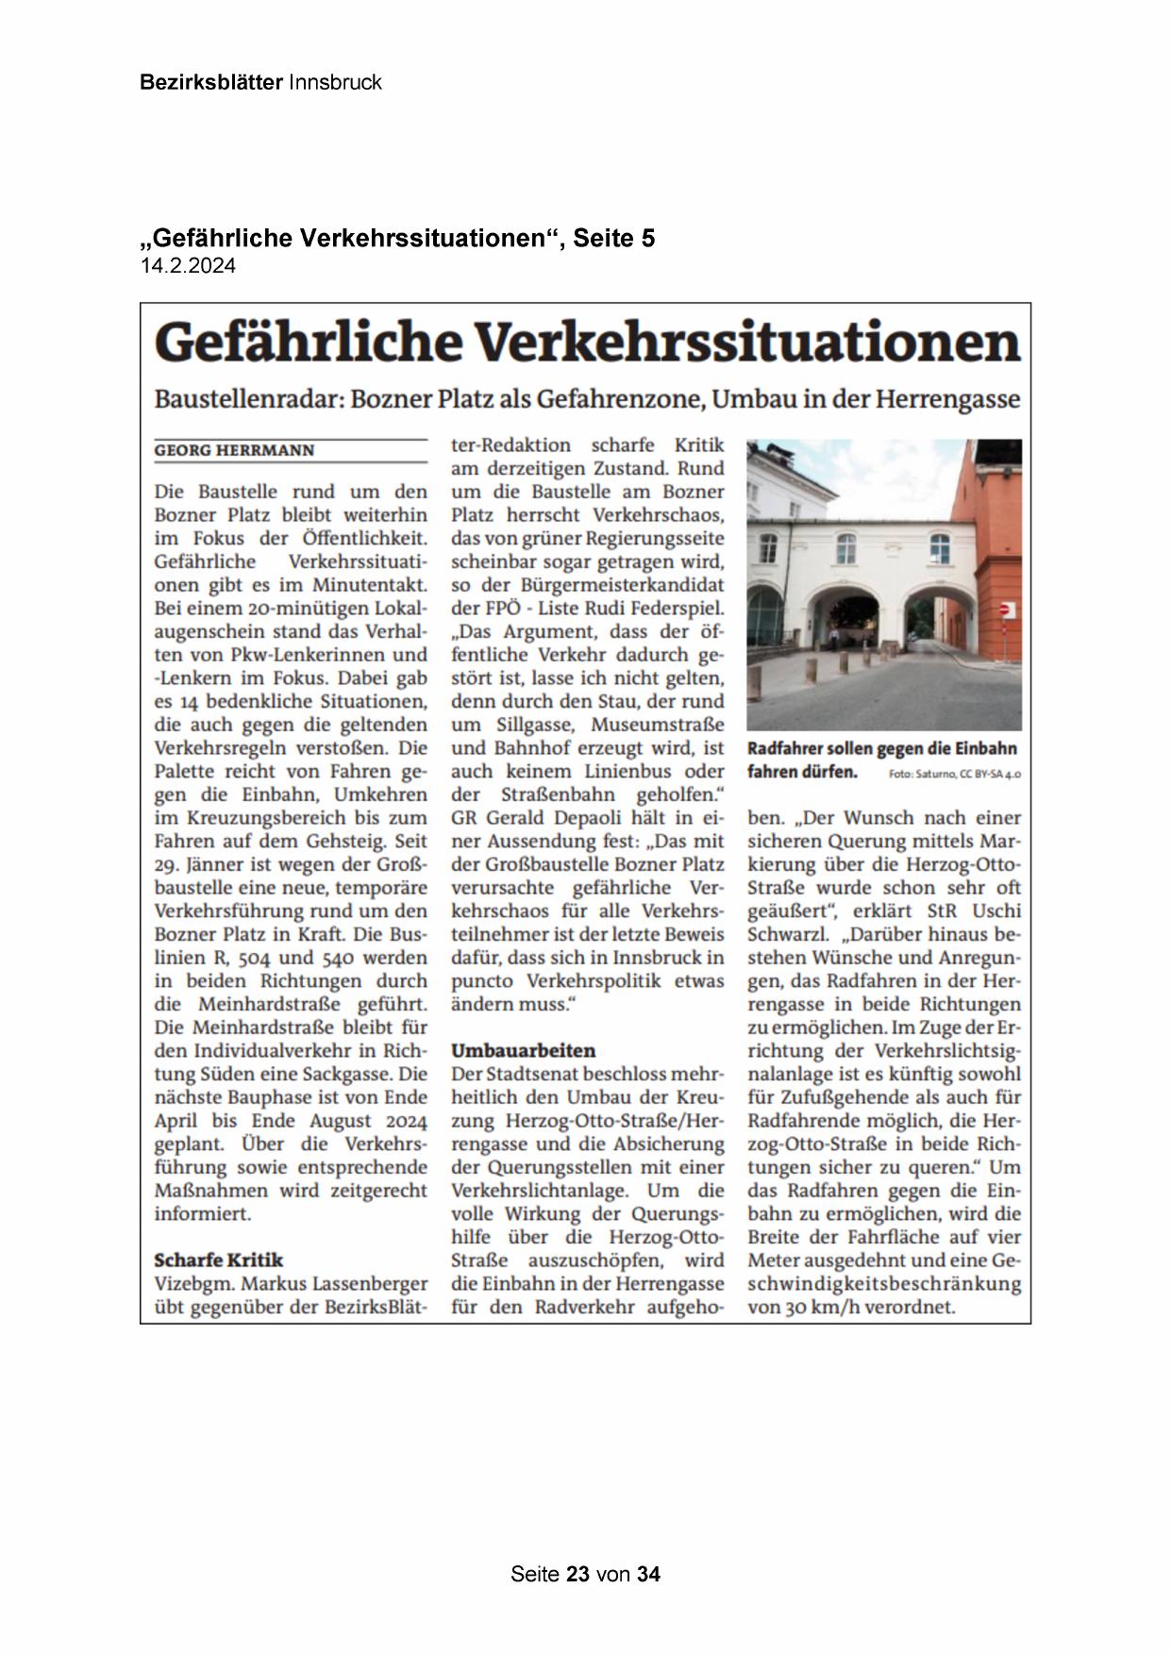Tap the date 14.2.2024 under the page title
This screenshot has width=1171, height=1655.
[x=188, y=266]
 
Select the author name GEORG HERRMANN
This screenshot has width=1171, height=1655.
[x=234, y=451]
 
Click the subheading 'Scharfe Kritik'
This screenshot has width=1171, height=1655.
[x=218, y=1260]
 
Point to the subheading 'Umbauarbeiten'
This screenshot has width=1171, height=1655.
[x=523, y=1050]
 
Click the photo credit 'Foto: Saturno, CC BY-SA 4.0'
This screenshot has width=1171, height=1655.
[x=954, y=774]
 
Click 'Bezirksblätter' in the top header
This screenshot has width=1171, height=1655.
[x=210, y=82]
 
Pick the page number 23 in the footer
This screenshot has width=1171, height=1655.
[x=578, y=1574]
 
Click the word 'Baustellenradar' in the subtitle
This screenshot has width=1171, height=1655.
[x=247, y=399]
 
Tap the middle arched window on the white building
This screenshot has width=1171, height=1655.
[x=846, y=546]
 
